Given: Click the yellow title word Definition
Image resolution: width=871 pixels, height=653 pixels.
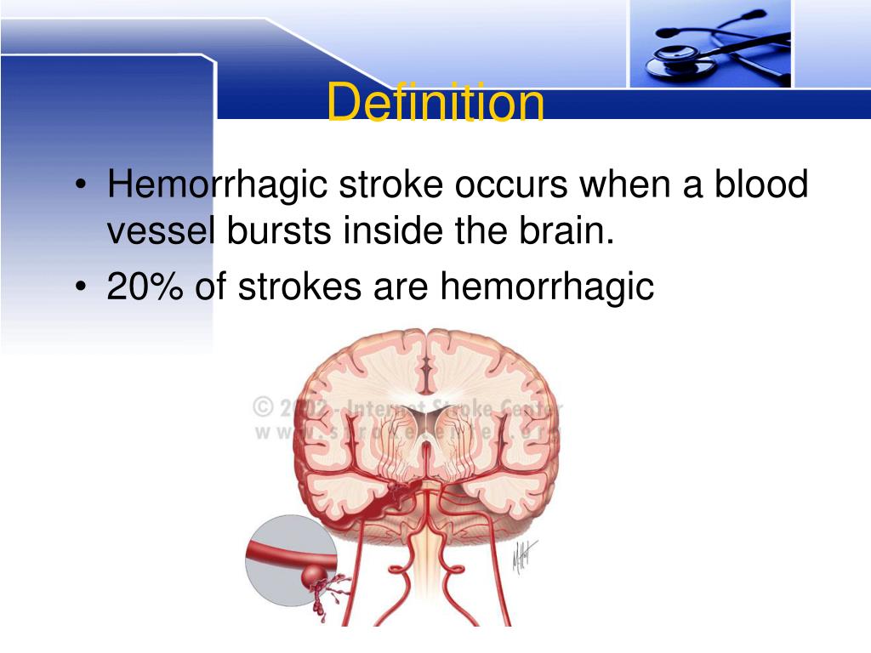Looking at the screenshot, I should point(435,104).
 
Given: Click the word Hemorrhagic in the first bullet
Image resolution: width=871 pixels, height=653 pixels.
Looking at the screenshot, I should point(217,185).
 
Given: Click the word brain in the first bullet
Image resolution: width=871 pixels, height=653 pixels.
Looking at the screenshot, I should point(566,231).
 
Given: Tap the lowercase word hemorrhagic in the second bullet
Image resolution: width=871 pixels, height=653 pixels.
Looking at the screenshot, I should point(547,288).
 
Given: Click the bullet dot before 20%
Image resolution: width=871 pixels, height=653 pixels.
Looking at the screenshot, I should point(80,288).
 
